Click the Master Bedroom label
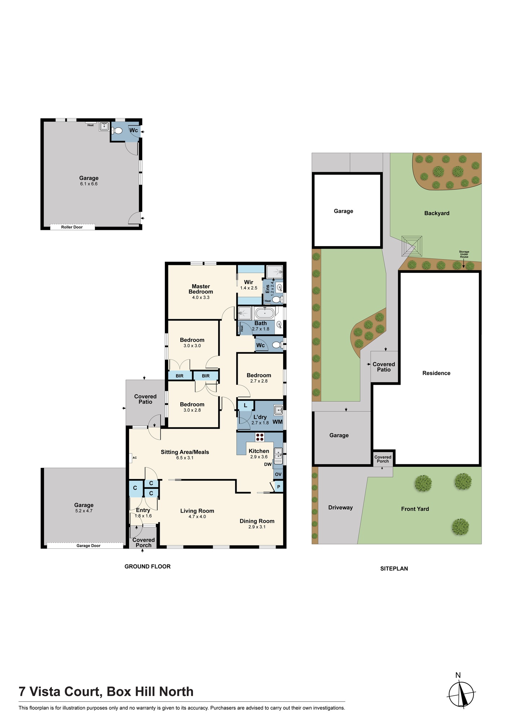point(201,289)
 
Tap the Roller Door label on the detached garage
point(72,227)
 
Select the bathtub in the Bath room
point(264,313)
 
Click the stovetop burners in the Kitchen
point(260,437)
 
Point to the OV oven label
point(278,474)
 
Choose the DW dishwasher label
point(268,464)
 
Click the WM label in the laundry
point(278,422)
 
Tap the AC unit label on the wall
point(135,458)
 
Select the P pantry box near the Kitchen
point(278,487)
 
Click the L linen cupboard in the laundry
point(246,405)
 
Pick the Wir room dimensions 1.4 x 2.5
point(249,288)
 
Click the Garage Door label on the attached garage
point(88,545)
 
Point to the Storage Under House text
point(464,254)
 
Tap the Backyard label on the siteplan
point(437,213)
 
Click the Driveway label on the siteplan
point(340,508)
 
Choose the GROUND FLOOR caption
point(148,566)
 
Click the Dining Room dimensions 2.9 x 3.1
point(257,527)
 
